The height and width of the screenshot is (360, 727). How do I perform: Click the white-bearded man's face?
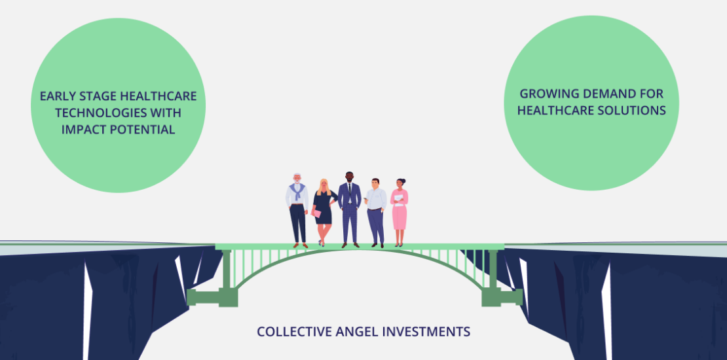click(x=297, y=179)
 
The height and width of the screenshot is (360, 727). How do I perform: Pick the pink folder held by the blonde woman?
click(x=316, y=213)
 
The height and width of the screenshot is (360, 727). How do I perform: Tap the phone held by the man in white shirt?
click(x=365, y=199)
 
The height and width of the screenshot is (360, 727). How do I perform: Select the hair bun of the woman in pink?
click(x=403, y=180)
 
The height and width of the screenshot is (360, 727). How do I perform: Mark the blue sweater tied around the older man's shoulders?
click(x=297, y=190)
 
